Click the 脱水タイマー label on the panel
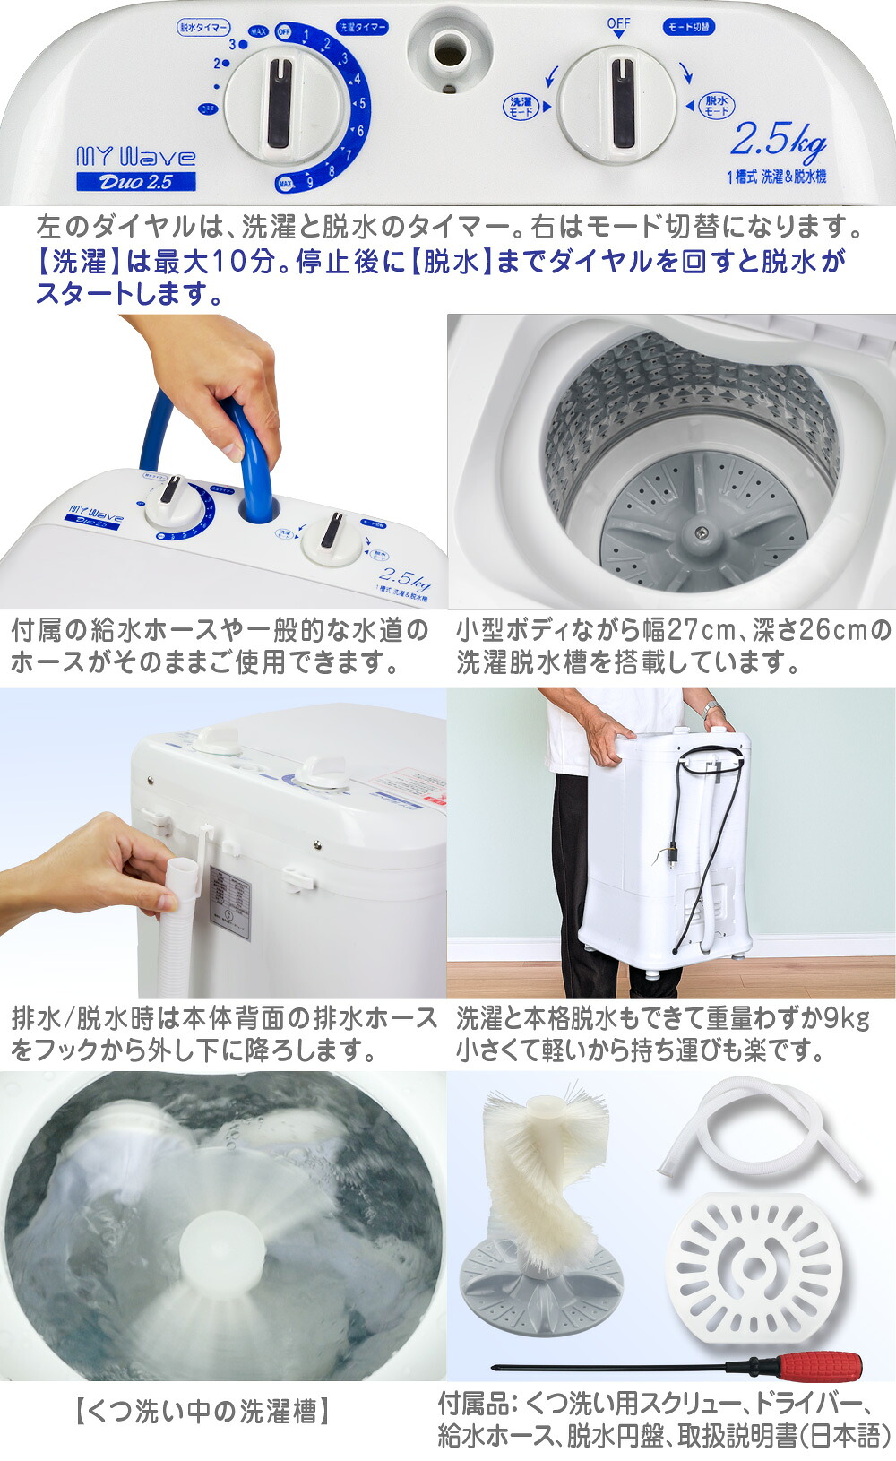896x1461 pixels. [203, 28]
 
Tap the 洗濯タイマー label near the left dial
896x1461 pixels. [362, 28]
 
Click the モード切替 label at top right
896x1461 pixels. [688, 27]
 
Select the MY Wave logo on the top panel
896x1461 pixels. [135, 158]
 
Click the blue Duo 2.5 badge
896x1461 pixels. [135, 182]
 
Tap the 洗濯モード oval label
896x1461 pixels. [520, 107]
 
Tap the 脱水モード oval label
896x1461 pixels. [715, 106]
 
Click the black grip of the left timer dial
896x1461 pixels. [280, 103]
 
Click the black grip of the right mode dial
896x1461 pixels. [622, 102]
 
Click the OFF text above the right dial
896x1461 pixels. [618, 23]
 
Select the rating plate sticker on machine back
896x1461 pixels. [229, 902]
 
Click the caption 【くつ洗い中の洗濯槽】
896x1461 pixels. [202, 1413]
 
